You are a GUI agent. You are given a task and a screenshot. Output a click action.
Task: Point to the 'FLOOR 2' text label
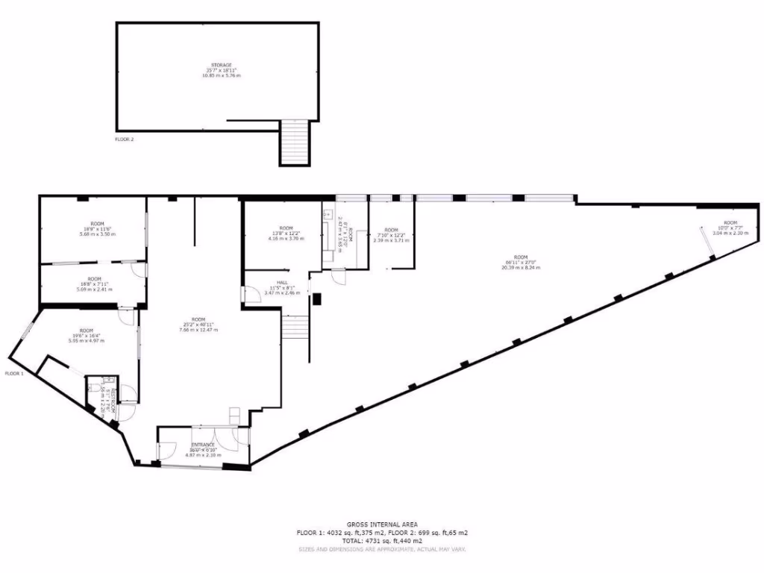point(124,139)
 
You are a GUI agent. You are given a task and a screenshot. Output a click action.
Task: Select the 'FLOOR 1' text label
point(14,373)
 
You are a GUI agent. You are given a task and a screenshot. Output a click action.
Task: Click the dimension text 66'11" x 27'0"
point(521,262)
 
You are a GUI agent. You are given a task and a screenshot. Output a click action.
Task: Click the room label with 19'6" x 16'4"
point(87,336)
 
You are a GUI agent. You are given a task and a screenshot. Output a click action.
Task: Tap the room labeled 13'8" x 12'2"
point(286,234)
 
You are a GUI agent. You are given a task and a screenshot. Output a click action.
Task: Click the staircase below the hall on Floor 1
point(295,328)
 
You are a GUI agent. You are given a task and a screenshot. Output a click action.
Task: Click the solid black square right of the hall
point(316,300)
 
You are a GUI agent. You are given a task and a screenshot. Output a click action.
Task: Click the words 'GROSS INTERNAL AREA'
point(382,525)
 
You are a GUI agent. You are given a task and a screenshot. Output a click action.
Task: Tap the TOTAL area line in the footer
point(382,540)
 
